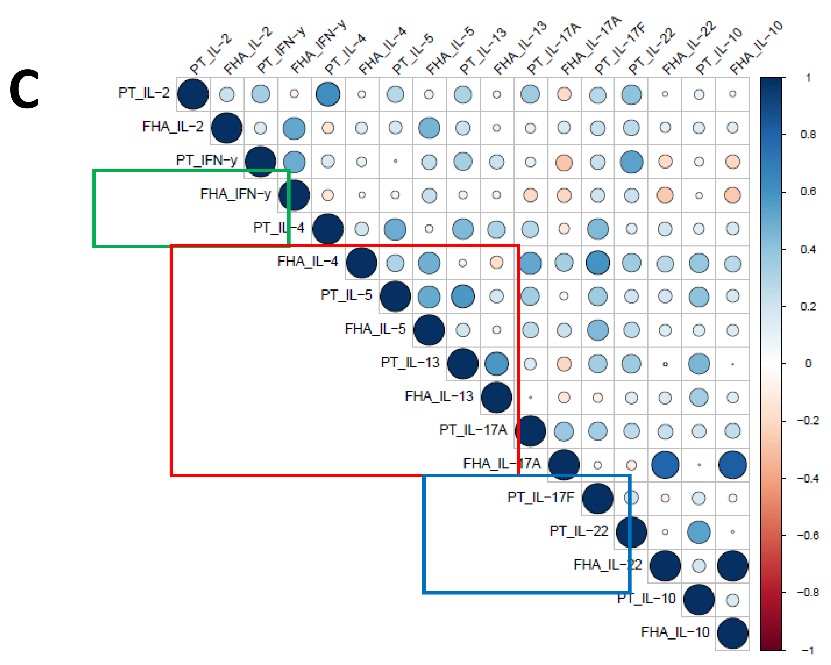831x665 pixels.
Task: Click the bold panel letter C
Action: click(24, 89)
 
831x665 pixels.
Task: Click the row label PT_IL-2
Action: click(144, 93)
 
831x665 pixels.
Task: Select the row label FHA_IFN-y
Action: click(235, 194)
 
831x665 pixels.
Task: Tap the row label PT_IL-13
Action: click(410, 362)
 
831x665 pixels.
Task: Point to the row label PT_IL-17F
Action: click(541, 498)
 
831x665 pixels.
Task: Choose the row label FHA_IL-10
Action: click(675, 632)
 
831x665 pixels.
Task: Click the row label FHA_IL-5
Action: click(375, 329)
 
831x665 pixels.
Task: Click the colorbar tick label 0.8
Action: click(808, 135)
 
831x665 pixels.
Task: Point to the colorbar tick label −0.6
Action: click(808, 536)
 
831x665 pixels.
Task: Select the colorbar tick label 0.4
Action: click(808, 250)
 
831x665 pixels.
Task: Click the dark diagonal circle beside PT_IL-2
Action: click(193, 94)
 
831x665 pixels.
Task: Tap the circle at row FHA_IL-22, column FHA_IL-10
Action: click(732, 566)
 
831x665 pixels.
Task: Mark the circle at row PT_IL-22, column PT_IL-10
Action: click(699, 532)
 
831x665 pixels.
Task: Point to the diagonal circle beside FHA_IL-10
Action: click(732, 633)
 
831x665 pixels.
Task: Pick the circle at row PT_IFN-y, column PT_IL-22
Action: click(631, 162)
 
